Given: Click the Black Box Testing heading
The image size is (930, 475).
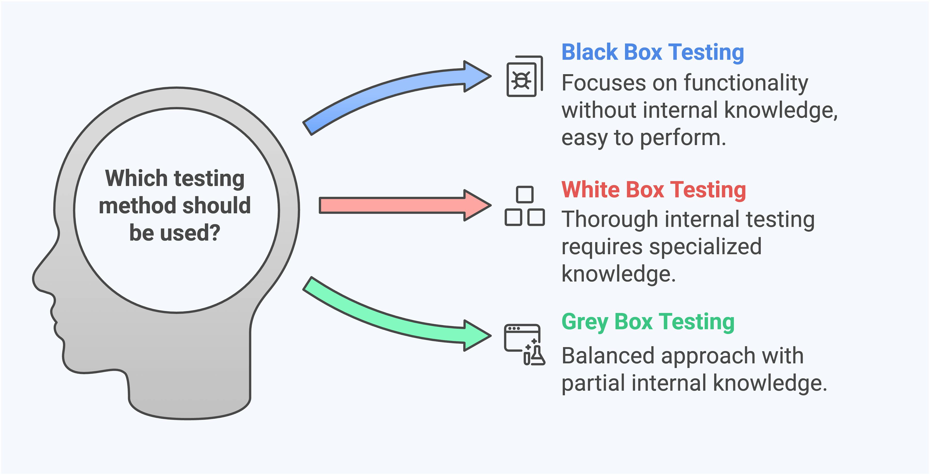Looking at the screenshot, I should tap(652, 52).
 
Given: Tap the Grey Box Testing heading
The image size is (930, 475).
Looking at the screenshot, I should tap(648, 322).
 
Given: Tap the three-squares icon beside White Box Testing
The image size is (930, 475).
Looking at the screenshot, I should tap(525, 206).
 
